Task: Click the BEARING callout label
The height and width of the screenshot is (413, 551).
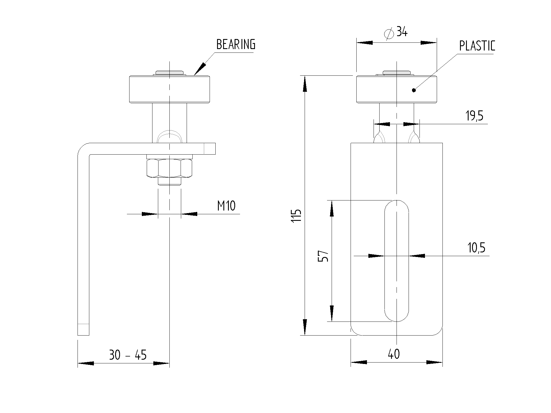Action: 235,44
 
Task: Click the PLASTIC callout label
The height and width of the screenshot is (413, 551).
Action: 477,46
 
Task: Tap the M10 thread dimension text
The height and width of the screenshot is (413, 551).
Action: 226,206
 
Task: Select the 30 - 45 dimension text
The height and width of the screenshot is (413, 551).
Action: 128,355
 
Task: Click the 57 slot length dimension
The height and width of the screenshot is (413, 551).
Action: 323,256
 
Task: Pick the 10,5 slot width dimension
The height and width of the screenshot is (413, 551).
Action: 476,248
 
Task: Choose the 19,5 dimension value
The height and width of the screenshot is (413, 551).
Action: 474,116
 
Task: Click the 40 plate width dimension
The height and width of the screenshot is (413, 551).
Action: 394,354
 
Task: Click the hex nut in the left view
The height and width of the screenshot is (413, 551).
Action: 169,168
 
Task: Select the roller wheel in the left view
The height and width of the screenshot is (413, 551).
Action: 169,89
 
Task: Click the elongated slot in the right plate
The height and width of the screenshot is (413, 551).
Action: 397,260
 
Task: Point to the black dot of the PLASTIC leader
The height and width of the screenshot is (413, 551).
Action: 414,90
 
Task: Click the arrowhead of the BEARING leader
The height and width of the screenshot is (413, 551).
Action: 200,69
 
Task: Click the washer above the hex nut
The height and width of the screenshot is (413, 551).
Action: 169,157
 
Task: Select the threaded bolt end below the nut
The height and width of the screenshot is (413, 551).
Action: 169,181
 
